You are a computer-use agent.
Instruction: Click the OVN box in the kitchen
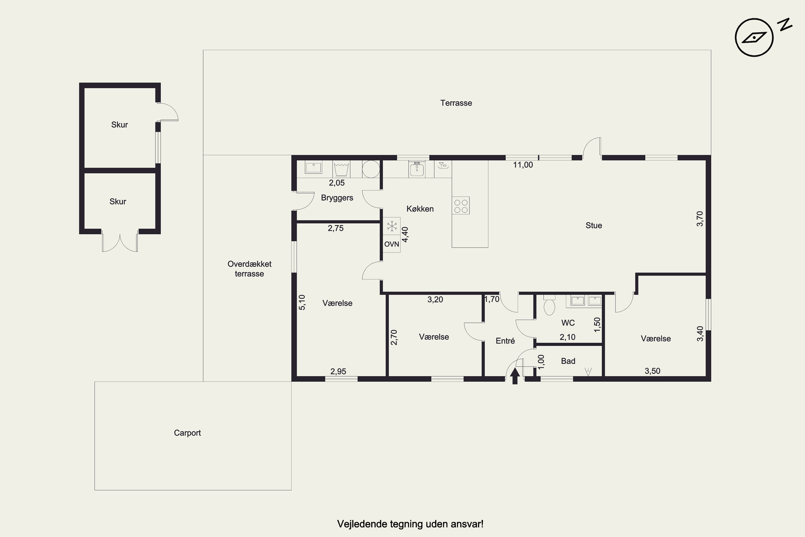(391, 244)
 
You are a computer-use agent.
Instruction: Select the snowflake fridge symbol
(391, 226)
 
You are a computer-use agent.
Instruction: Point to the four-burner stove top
(461, 205)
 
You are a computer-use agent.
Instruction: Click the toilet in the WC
(549, 305)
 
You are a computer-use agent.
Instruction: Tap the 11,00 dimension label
(523, 165)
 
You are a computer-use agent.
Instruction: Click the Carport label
(187, 433)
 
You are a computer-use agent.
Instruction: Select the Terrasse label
(456, 103)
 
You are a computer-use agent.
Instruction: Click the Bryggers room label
(337, 198)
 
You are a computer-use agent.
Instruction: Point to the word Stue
(594, 225)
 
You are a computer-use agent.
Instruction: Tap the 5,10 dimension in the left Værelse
(302, 302)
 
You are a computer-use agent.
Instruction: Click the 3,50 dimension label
(652, 371)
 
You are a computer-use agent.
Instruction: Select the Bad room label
(568, 361)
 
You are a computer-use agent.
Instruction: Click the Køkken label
(420, 209)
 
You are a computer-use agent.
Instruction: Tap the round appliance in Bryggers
(371, 169)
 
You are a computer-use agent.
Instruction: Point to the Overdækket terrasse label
(249, 269)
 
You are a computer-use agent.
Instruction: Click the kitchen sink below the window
(417, 169)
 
